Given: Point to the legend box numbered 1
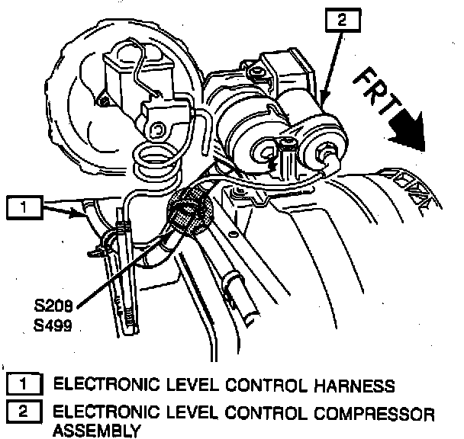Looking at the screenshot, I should point(24,383).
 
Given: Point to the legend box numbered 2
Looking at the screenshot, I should point(24,414).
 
